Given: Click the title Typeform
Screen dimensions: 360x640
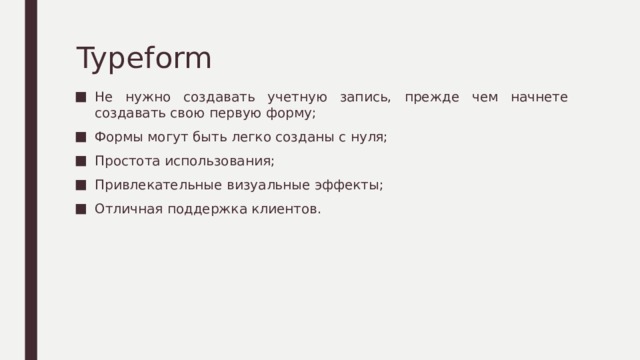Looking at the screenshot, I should tap(143, 58).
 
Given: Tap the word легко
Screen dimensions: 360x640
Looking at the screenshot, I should tap(257, 138).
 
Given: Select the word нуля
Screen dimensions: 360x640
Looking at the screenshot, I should tap(365, 138).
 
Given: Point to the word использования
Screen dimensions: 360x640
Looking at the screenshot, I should tap(219, 162).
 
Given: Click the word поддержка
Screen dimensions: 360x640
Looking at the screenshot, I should tap(203, 209).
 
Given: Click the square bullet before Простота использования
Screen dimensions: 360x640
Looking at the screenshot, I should tap(81, 162).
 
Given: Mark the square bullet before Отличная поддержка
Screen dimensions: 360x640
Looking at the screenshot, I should tap(81, 209).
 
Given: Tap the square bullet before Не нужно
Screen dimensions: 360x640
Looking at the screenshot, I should tap(81, 98).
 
